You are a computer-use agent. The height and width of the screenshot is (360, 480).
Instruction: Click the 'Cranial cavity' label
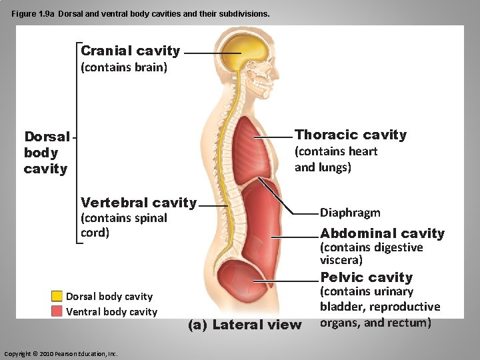pyautogui.click(x=130, y=51)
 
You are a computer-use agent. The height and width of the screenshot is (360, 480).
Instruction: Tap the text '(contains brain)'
pyautogui.click(x=123, y=67)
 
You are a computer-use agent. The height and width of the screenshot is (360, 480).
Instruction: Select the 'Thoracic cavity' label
pyautogui.click(x=350, y=135)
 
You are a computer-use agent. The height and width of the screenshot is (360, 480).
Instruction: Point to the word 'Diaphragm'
pyautogui.click(x=350, y=213)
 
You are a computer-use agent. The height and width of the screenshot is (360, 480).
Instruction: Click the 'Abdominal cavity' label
pyautogui.click(x=382, y=233)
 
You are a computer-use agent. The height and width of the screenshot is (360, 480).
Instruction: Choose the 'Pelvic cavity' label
pyautogui.click(x=366, y=277)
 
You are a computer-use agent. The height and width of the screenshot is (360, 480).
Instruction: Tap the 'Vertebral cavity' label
pyautogui.click(x=138, y=203)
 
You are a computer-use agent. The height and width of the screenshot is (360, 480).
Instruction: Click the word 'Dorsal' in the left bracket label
pyautogui.click(x=47, y=137)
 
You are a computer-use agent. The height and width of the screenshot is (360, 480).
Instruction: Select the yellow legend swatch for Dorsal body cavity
pyautogui.click(x=57, y=297)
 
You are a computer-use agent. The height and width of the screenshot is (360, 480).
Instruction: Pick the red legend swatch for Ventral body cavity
pyautogui.click(x=57, y=311)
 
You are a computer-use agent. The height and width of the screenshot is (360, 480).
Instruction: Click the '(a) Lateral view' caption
pyautogui.click(x=245, y=325)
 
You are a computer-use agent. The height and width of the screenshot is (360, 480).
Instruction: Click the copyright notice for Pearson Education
pyautogui.click(x=61, y=353)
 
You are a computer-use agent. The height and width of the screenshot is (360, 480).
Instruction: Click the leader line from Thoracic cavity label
pyautogui.click(x=277, y=136)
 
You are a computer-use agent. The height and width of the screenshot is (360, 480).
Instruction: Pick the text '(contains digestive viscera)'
pyautogui.click(x=371, y=253)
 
